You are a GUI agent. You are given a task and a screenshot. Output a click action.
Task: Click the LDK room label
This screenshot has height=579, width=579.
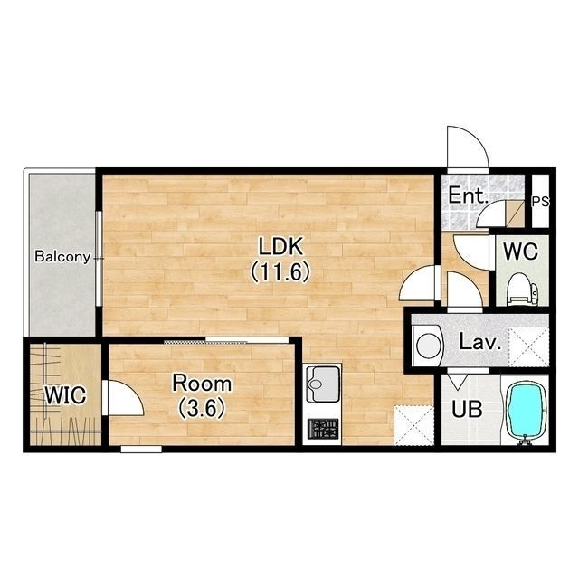click(x=280, y=247)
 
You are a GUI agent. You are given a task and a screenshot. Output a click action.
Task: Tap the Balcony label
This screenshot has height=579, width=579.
click(x=62, y=256)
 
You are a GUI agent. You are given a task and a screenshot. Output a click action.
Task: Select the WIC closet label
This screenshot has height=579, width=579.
click(x=65, y=395)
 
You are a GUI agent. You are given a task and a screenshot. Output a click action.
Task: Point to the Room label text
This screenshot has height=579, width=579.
click(x=202, y=384)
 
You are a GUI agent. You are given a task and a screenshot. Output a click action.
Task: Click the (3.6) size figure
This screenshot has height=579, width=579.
click(x=202, y=409)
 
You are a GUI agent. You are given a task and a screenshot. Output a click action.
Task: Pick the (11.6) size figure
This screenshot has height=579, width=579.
click(x=280, y=272)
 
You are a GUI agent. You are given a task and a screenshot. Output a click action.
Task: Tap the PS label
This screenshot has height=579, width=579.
click(x=540, y=202)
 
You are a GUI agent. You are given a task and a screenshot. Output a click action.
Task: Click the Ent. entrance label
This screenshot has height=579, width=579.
click(x=468, y=195)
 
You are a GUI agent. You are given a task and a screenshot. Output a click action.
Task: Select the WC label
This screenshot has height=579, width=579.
click(x=521, y=252)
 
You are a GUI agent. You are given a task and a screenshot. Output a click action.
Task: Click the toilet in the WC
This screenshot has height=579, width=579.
click(x=523, y=289)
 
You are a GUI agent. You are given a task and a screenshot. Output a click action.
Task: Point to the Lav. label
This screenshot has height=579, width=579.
click(x=480, y=342)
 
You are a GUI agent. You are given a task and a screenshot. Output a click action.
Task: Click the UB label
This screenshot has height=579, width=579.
click(x=467, y=409)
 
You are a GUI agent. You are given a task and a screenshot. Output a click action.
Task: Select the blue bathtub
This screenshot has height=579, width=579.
click(x=527, y=410)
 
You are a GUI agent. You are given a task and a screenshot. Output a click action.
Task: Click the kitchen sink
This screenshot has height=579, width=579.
click(x=323, y=384)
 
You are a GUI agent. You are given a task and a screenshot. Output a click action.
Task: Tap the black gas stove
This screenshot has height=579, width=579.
click(x=323, y=429)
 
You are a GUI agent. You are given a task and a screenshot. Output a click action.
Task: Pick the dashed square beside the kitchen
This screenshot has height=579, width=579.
click(x=413, y=425)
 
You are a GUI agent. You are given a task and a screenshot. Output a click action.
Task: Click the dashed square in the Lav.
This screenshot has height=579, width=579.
click(x=528, y=347)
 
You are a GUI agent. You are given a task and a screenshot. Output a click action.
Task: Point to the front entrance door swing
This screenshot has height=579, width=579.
click(x=468, y=147)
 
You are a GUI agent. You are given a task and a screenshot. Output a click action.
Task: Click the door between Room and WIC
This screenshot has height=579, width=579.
click(x=124, y=398)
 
